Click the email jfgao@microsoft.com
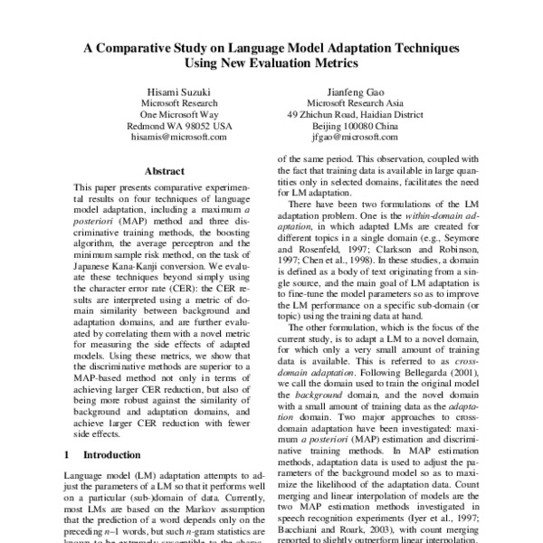(355, 138)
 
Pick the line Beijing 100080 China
(355, 126)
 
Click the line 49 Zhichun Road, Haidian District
(355, 114)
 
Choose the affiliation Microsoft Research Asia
(355, 102)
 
